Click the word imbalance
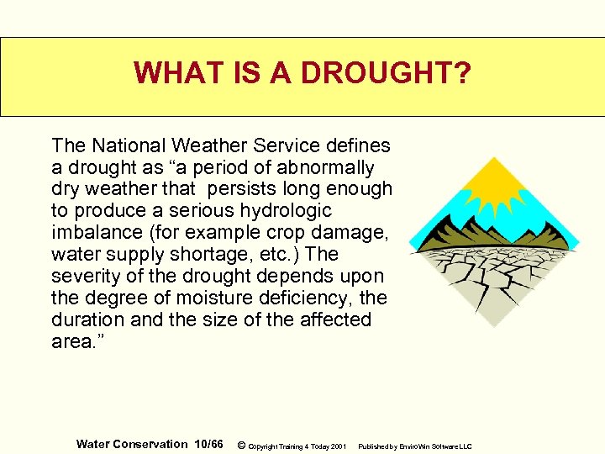tap(92, 232)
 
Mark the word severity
tap(83, 276)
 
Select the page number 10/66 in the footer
tap(208, 444)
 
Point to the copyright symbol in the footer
tap(242, 445)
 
